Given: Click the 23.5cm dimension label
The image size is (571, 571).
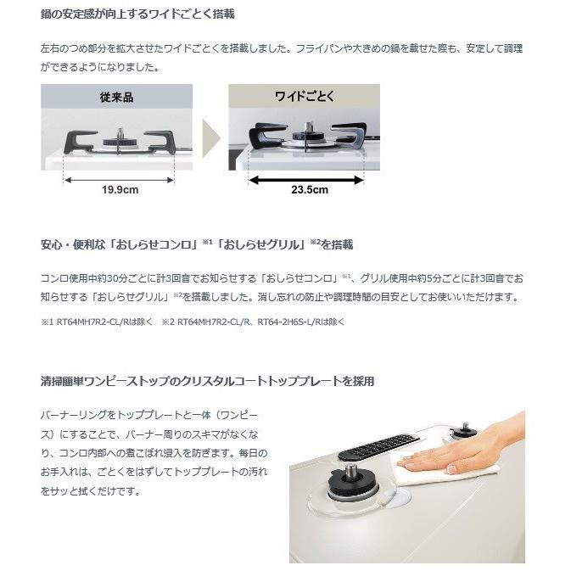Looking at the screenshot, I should [309, 189].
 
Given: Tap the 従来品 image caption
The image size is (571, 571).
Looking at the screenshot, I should [116, 97].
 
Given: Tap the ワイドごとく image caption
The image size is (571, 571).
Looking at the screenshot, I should [304, 97].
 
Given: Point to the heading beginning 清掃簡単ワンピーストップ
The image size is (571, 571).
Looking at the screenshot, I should [208, 381].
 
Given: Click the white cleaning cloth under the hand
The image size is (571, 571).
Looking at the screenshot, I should [433, 475].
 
